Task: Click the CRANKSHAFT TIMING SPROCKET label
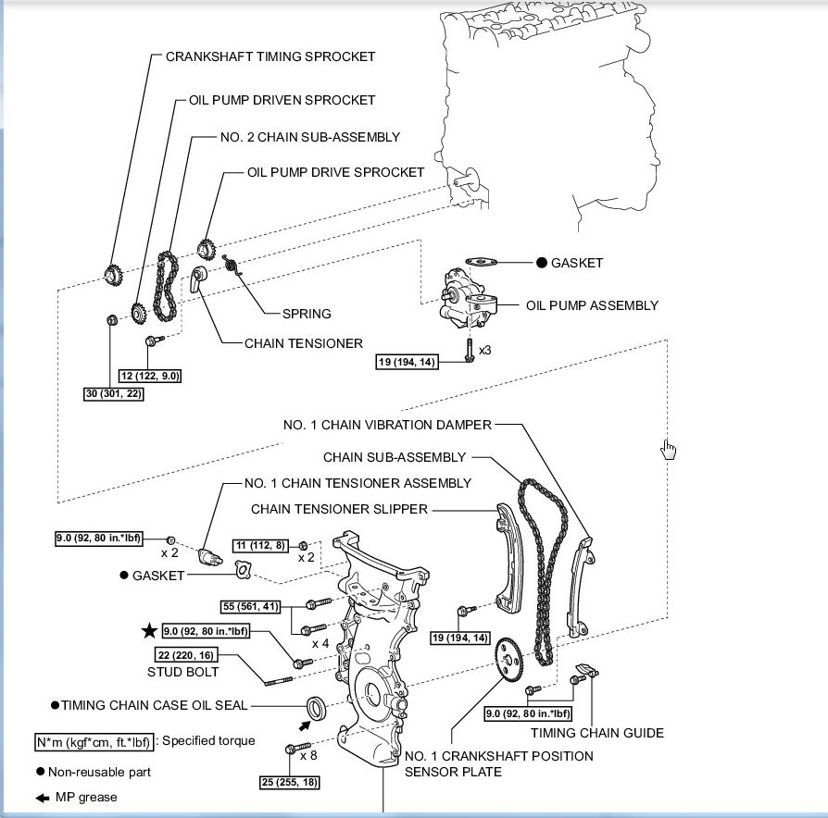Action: [x=270, y=56]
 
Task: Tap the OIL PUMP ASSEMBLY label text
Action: [x=592, y=305]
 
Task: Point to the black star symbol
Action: [x=149, y=631]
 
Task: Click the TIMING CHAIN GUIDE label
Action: [x=597, y=733]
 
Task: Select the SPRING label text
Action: [x=307, y=314]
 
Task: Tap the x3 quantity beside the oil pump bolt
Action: [x=484, y=351]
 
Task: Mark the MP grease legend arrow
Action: [x=43, y=798]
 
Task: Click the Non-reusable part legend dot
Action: [x=41, y=772]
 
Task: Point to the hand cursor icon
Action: [x=669, y=450]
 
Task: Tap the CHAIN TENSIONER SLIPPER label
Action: [x=340, y=509]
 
